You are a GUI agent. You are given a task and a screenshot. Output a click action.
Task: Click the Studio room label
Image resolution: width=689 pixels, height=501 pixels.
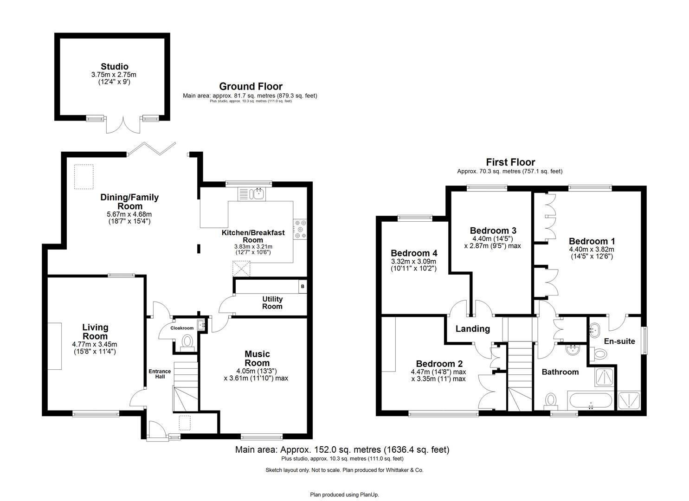115,67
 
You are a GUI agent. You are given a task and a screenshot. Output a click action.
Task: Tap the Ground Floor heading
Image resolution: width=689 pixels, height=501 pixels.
251,86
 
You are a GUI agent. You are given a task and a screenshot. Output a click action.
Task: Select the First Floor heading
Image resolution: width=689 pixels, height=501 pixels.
510,162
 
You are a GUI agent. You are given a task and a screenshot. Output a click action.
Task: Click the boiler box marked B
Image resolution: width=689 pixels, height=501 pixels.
303,287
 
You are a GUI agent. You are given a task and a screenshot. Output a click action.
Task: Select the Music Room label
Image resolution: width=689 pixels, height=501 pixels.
257,359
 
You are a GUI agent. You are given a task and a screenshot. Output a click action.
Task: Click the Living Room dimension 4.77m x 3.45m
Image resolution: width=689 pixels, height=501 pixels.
95,344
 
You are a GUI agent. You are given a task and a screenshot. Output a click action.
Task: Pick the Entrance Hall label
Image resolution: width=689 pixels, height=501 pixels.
159,374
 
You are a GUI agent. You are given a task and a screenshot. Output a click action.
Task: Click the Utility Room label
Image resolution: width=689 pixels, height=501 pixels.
272,303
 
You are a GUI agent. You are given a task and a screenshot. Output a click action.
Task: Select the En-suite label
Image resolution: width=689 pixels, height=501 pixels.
619,341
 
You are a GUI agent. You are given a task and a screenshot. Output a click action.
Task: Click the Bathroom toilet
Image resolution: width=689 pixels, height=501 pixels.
551,399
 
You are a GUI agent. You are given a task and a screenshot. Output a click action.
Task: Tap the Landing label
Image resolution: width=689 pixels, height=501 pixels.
472,329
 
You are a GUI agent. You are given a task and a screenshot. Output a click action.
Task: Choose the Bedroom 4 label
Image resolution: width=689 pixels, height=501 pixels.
414,253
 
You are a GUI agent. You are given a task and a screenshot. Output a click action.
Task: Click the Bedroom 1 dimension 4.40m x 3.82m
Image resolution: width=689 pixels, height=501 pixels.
592,249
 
